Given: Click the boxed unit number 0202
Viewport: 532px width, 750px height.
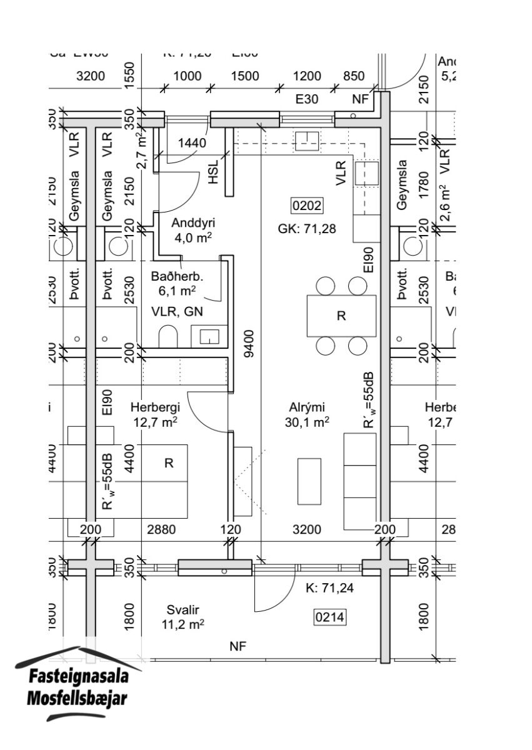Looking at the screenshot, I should [308, 206].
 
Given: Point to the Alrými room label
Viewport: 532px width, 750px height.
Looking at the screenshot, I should [306, 406].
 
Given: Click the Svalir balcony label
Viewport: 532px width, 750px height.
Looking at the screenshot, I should [187, 609].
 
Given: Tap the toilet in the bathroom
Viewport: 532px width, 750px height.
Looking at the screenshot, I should [169, 337].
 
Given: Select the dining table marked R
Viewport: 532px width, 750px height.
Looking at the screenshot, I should [341, 316].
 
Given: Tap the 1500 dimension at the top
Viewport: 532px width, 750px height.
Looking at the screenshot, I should [245, 76].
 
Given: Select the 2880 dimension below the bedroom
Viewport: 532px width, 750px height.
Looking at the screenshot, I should [161, 530].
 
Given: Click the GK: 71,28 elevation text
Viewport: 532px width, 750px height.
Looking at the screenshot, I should [307, 229].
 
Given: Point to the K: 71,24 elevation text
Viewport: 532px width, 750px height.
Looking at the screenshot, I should [329, 588].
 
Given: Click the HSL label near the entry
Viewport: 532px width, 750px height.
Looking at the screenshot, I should [214, 171].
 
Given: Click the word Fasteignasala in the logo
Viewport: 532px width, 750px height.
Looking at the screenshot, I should [79, 677].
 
